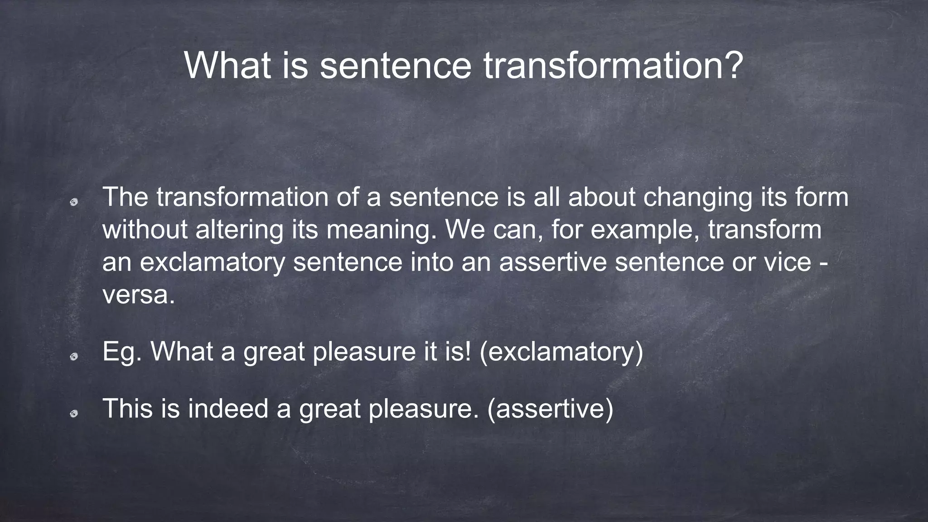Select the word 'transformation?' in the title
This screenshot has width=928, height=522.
pos(613,66)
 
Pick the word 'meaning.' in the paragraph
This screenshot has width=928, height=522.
pos(382,230)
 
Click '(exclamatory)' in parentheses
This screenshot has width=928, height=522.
pos(561,352)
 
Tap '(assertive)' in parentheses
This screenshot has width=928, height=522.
pos(550,408)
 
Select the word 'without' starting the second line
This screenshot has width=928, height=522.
pos(145,230)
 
